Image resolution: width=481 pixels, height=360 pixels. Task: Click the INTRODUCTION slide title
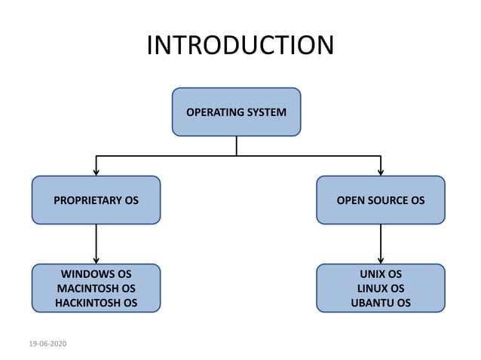point(240,46)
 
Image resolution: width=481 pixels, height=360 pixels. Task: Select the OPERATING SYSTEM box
point(236,111)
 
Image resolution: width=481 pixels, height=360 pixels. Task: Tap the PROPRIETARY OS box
point(96,200)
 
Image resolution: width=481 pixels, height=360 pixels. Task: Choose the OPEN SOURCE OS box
point(380,200)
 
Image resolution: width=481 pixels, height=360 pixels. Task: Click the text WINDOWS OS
point(96,273)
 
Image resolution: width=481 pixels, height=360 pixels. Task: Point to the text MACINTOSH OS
point(96,288)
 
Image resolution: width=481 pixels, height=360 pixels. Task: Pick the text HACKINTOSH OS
point(96,303)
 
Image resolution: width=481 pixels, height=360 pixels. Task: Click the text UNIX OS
point(380,273)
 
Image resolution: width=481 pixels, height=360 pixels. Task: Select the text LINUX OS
point(380,288)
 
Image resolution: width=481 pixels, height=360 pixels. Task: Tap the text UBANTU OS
point(380,303)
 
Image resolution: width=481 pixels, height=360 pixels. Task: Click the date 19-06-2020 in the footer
point(47,344)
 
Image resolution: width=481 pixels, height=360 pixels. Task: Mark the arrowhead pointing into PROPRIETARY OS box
point(96,172)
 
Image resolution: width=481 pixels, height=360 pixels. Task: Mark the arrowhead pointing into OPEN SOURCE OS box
point(380,172)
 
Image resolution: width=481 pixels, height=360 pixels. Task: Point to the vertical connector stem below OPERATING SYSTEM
point(236,145)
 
